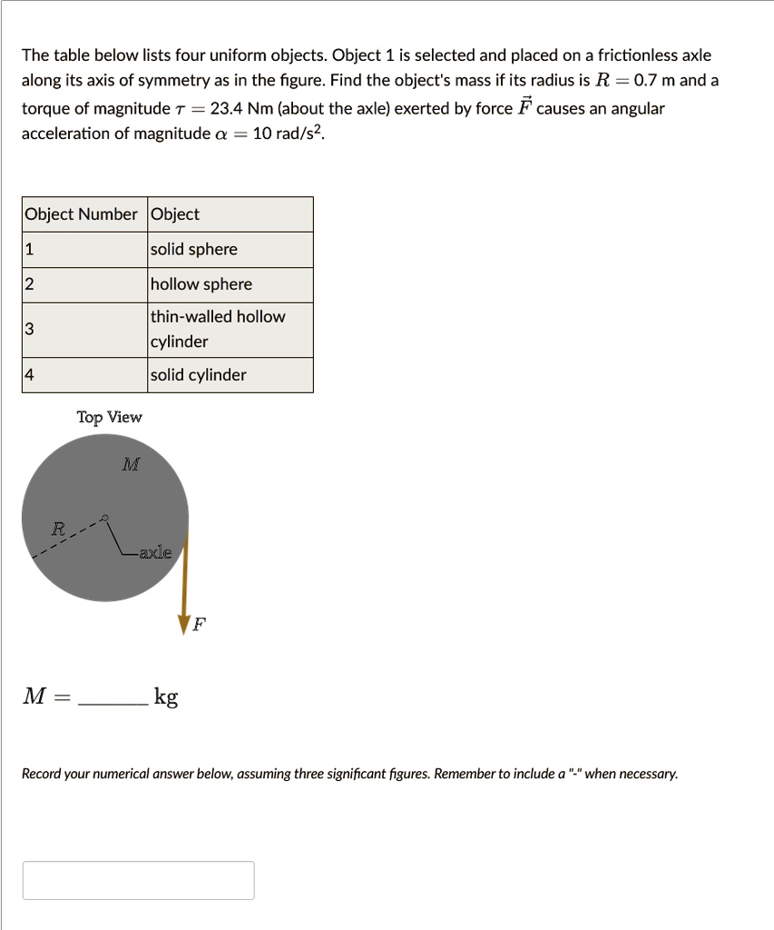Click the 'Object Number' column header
point(82,214)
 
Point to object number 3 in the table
point(30,329)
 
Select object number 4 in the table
point(30,375)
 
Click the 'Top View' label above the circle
point(109,418)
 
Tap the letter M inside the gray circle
point(131,465)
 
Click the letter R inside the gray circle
point(58,528)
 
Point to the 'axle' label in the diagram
point(154,551)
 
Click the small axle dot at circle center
point(106,519)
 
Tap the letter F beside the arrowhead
point(200,625)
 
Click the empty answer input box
point(138,880)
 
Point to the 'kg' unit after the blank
point(166,697)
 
